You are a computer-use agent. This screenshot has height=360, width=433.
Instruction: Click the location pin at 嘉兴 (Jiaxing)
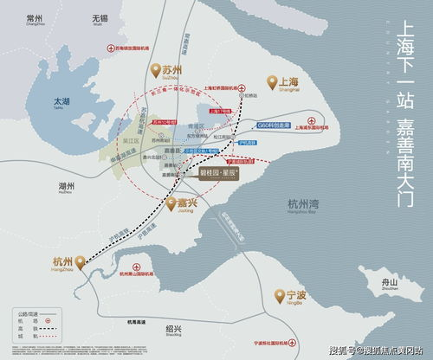coord(172,205)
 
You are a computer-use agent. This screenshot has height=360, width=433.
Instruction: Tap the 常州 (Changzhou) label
coord(35,18)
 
